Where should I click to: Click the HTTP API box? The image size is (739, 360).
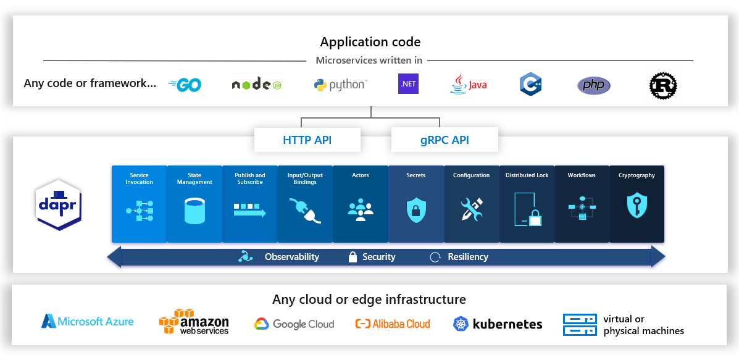(307, 140)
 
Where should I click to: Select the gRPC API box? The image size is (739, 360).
(445, 140)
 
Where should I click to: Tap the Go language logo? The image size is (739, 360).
(185, 85)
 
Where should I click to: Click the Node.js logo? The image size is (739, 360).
(256, 85)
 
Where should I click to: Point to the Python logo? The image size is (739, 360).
(340, 85)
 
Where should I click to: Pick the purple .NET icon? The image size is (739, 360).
(408, 83)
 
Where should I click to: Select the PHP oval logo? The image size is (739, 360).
(593, 85)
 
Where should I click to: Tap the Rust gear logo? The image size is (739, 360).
(663, 85)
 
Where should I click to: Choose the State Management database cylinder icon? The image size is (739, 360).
(194, 211)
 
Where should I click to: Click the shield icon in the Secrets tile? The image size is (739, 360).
(416, 210)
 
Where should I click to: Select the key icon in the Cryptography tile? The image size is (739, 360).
(637, 206)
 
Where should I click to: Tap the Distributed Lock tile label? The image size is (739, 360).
(527, 175)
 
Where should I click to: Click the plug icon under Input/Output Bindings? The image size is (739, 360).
(306, 211)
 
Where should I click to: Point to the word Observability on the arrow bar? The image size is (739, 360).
(292, 257)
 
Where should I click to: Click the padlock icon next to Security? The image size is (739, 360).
(353, 257)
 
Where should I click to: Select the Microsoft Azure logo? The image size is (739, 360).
(87, 321)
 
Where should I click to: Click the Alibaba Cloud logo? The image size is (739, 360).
(393, 324)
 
